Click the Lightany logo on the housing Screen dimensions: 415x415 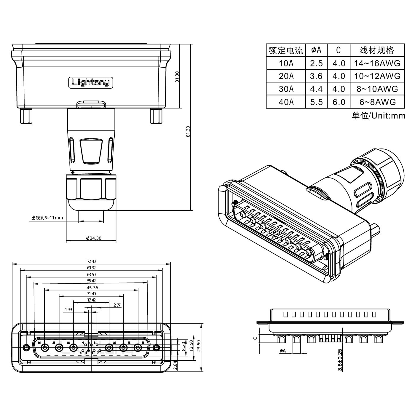[x=91, y=82]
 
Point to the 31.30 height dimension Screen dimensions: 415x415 [x=177, y=76]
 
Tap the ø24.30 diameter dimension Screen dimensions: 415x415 [x=93, y=238]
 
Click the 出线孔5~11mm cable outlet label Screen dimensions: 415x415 [x=47, y=218]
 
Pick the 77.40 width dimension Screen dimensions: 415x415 [x=91, y=261]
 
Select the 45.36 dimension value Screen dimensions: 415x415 [x=92, y=288]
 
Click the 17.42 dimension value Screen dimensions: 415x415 [x=91, y=300]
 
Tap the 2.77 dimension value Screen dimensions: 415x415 [x=117, y=305]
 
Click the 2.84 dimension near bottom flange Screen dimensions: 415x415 [x=176, y=365]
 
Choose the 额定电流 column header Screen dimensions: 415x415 [x=286, y=50]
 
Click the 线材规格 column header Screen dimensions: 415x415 [x=377, y=50]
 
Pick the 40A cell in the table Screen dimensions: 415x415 [x=286, y=102]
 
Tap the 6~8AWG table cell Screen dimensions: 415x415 [x=377, y=102]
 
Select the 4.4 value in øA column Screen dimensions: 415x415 [x=316, y=89]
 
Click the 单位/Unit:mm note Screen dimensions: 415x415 [x=378, y=116]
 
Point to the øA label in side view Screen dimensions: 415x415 [x=282, y=351]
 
